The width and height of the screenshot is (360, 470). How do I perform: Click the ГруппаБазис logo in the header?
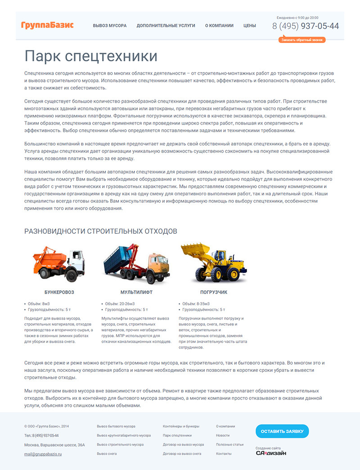coord(47,25)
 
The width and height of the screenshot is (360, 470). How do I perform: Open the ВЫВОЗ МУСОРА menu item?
coord(110,26)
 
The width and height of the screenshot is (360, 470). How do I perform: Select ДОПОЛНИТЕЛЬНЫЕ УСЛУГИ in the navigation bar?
coord(166,26)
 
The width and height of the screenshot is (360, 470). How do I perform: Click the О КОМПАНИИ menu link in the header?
coord(219,26)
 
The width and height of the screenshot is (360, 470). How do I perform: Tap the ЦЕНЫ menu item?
coord(250,26)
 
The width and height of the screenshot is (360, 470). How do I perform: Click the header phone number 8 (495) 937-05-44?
coord(306,26)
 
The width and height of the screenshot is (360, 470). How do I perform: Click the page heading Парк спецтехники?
coord(91,56)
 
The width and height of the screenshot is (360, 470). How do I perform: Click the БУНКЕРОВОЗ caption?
coord(59,292)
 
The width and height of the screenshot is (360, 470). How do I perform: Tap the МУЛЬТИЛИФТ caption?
coord(136,292)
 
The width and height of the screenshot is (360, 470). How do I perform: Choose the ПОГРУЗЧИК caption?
coord(214,292)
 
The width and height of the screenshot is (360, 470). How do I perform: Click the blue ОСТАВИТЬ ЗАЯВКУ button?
coord(282,431)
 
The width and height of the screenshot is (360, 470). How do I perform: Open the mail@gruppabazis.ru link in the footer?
coord(43,454)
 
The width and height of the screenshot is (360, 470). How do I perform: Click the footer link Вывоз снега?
coord(107,454)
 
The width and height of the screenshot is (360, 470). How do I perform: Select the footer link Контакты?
coord(224,454)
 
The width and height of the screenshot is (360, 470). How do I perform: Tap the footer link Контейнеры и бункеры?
coord(181,426)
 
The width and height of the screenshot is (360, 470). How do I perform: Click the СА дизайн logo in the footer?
coord(271,453)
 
